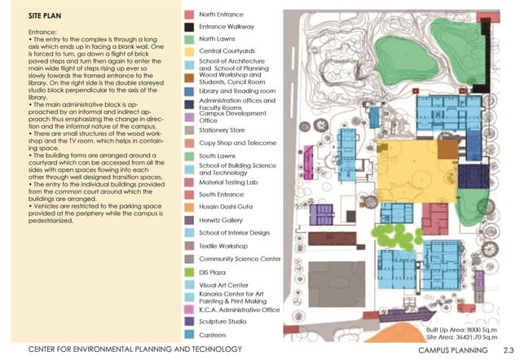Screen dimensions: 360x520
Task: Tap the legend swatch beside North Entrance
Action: point(188,15)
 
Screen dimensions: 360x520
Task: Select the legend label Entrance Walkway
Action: point(227,26)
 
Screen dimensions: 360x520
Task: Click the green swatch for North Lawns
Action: point(188,38)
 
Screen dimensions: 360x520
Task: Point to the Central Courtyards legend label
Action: point(227,50)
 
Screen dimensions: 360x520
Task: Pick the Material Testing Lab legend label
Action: point(229,182)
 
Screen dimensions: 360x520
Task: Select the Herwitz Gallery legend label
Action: point(223,220)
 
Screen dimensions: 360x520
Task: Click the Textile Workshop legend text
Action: point(224,245)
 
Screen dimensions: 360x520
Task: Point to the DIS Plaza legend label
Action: point(214,271)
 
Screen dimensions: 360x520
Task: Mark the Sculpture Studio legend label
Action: point(224,322)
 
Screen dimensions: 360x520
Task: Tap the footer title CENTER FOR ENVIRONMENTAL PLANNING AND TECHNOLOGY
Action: point(135,350)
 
